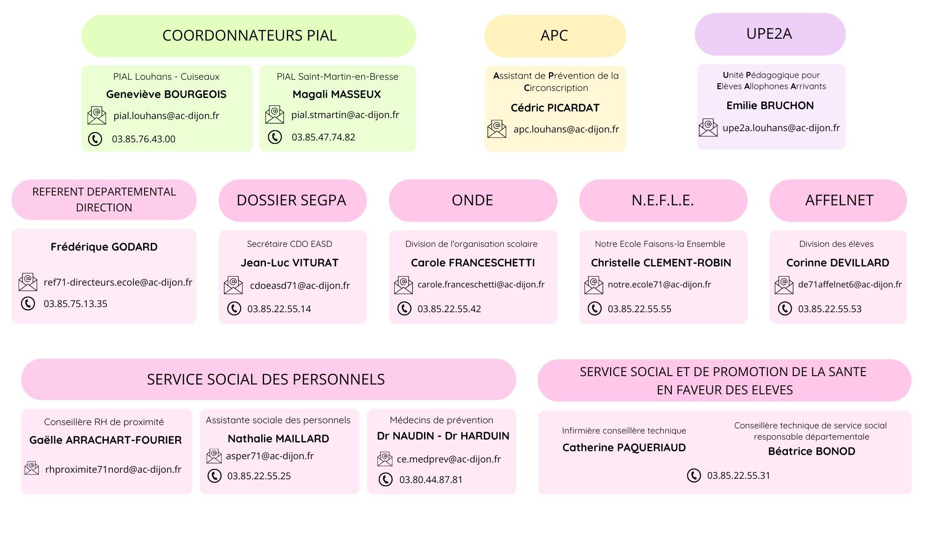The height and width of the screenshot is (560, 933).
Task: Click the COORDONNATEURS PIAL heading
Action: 249,35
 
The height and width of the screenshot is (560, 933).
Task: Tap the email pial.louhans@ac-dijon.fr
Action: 166,116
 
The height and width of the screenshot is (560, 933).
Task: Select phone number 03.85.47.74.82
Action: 323,137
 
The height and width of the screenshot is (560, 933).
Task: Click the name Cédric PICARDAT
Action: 555,108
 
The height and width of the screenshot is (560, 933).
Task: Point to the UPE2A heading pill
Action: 770,34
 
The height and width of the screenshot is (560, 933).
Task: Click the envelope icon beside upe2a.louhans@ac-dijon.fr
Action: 708,127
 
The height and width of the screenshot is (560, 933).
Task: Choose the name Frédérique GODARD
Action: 104,247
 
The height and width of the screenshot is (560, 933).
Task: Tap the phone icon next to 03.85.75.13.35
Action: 28,304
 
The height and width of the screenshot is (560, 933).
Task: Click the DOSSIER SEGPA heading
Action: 292,200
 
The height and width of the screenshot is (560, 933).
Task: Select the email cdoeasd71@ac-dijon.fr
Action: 300,286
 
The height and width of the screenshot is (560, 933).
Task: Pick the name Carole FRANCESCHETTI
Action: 473,263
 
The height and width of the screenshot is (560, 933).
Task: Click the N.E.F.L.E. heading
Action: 663,200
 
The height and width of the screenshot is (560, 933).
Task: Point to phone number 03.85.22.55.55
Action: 640,309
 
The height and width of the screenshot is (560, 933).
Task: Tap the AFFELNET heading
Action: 839,200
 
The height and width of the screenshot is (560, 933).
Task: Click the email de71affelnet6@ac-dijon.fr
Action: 850,284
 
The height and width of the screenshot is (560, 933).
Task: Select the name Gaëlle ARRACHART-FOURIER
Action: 105,440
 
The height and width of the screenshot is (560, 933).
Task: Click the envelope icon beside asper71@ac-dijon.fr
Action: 214,456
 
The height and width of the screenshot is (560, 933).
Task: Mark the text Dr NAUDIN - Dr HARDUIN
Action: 443,436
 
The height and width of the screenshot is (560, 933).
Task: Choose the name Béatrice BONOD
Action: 812,451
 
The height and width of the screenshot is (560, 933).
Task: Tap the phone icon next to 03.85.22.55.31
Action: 694,476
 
